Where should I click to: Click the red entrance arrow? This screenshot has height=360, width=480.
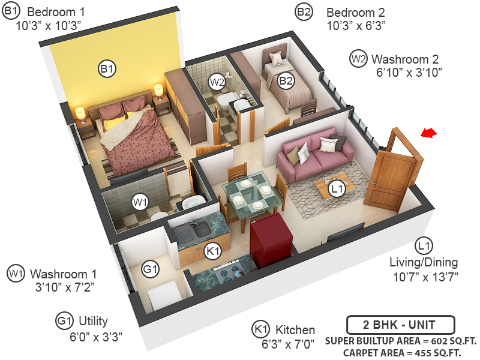[x=428, y=134]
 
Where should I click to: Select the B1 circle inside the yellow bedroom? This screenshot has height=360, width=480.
[x=107, y=70]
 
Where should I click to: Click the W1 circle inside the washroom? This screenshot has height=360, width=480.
[x=140, y=203]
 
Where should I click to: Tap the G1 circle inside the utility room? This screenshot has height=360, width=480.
[x=150, y=270]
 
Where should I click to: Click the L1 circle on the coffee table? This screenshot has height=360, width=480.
[x=338, y=190]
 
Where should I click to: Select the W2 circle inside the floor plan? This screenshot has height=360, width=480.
[x=217, y=81]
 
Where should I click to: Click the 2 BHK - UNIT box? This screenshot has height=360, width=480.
[x=400, y=326]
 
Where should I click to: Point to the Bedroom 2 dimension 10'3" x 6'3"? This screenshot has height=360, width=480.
[x=356, y=26]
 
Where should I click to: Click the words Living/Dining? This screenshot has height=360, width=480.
[x=424, y=262]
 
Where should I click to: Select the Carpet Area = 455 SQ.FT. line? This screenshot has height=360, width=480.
[x=401, y=353]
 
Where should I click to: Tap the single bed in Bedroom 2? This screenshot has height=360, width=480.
[x=287, y=84]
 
